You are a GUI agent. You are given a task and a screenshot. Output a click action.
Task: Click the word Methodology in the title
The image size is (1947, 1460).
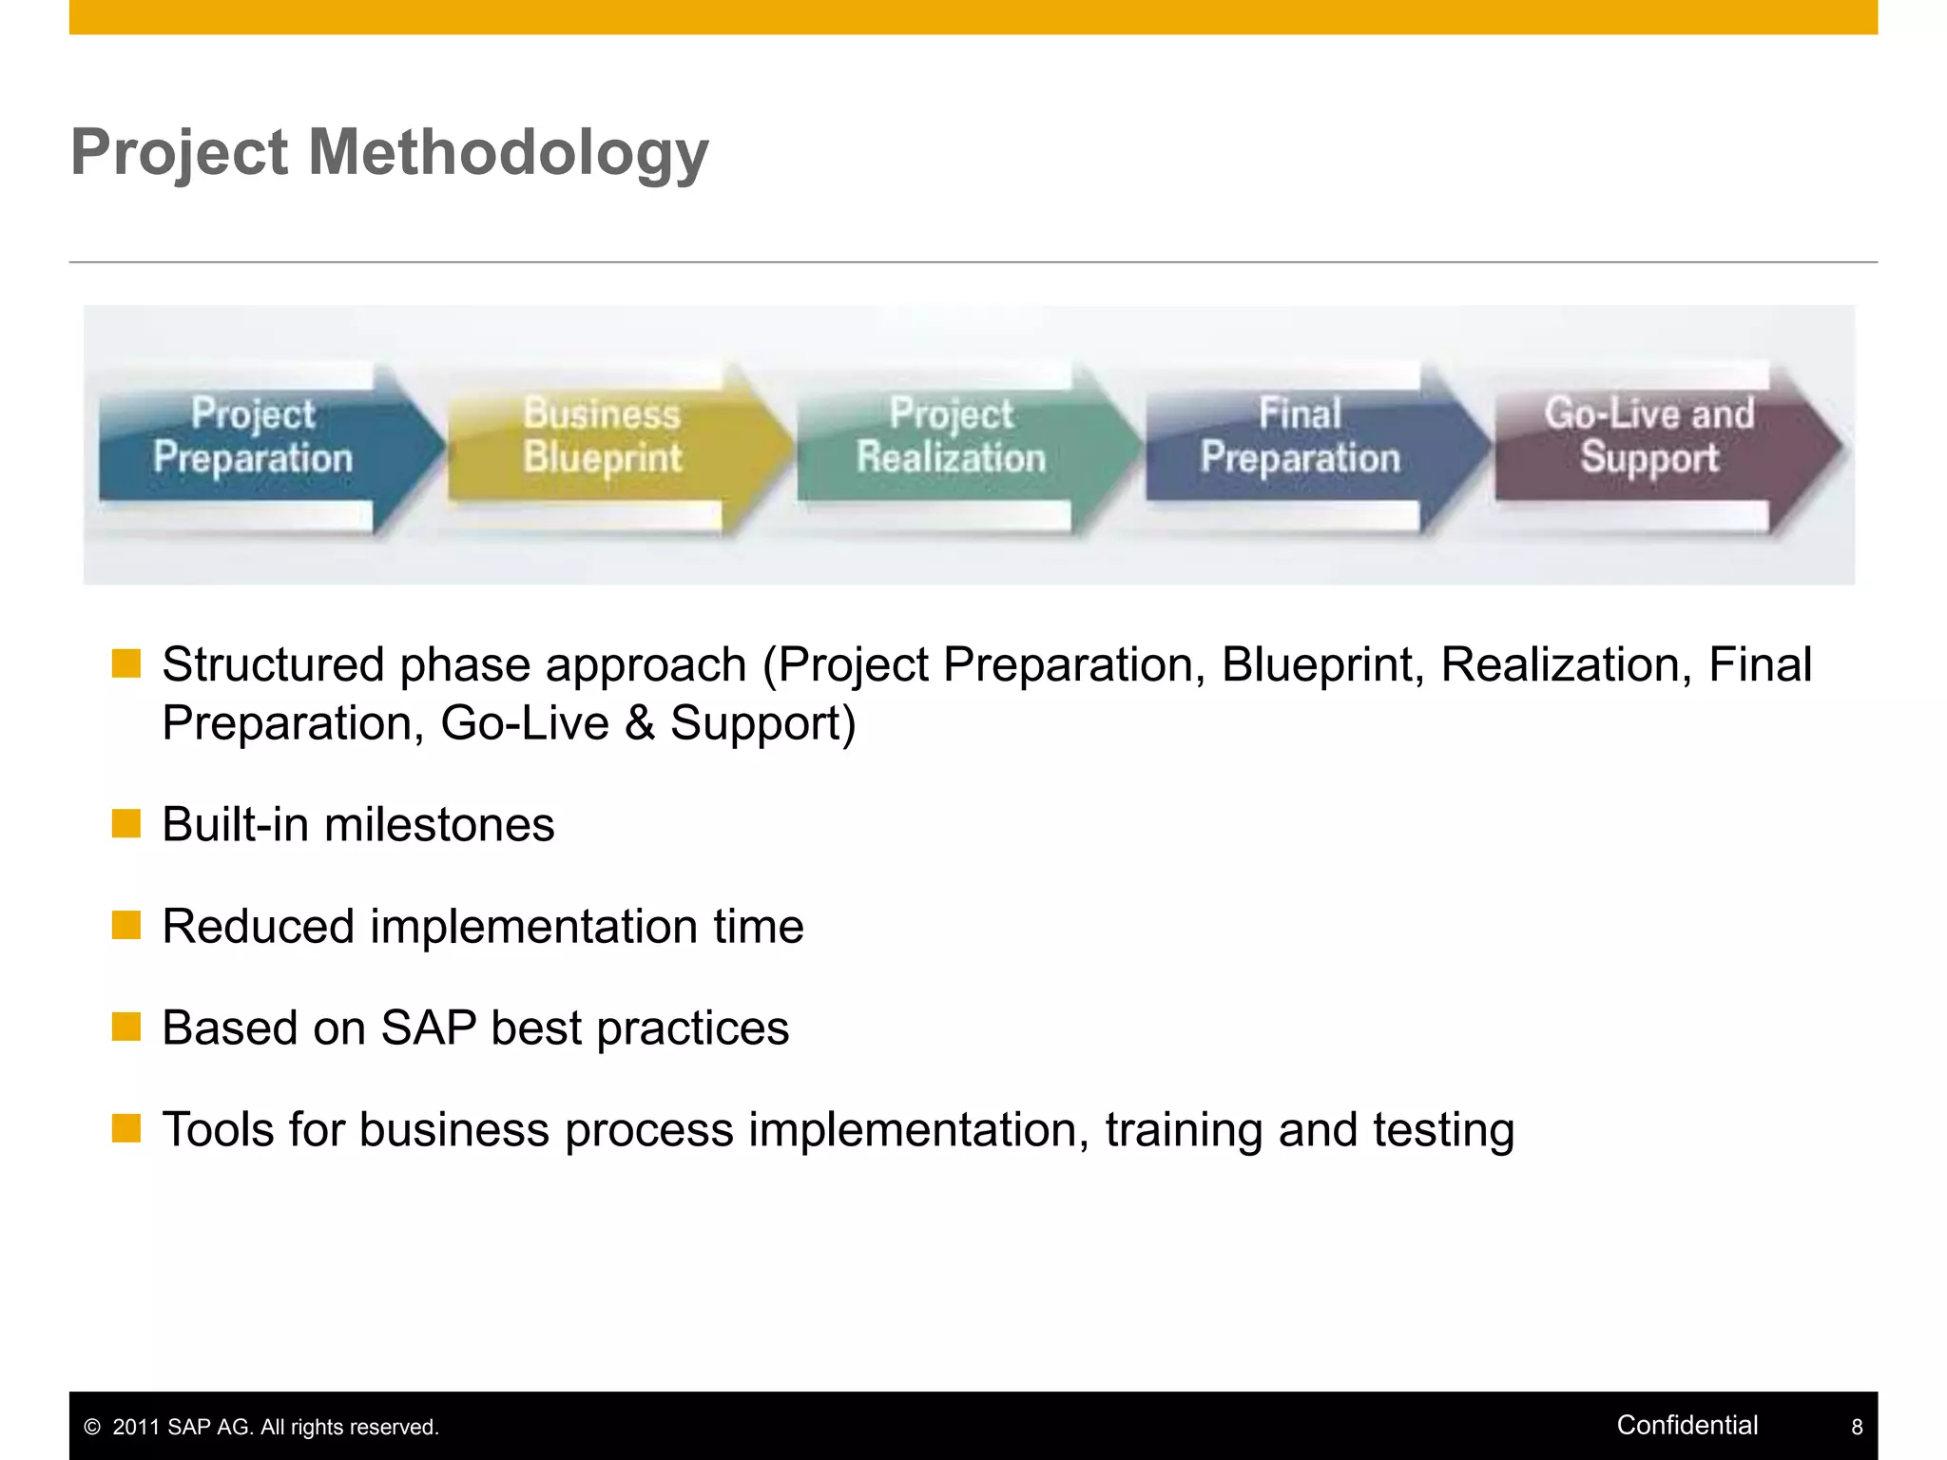coord(509,153)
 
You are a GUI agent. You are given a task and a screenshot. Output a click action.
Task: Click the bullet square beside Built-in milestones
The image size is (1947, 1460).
coord(125,823)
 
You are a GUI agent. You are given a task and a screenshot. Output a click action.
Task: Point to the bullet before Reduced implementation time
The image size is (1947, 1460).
coord(125,925)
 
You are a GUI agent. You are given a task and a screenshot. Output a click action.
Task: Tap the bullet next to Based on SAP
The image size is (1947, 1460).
coord(125,1027)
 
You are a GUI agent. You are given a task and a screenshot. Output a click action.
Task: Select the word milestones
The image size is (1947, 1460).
coord(439,824)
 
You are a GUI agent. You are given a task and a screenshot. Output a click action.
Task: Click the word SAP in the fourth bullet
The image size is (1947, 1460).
coord(429,1028)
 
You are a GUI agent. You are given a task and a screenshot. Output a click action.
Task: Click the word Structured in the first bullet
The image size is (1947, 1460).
coord(273,664)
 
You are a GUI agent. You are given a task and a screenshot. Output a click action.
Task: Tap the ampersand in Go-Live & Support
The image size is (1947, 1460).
coord(640,723)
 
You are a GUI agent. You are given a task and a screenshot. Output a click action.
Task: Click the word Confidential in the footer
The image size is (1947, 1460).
coord(1687,1425)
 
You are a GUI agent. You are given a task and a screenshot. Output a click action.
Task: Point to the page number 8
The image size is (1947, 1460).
coord(1857,1427)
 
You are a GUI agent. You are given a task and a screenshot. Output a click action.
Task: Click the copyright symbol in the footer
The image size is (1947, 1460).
coord(92,1427)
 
